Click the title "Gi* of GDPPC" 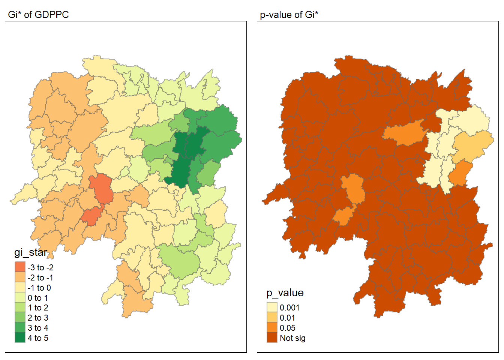coord(38,15)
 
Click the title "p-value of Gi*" coord(289,15)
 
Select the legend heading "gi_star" coord(31,252)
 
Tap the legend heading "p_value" coord(285,293)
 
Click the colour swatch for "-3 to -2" coord(20,267)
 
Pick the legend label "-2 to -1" coord(40,277)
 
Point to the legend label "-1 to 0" coord(39,288)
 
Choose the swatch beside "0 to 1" coord(20,298)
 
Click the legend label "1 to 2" coord(38,308)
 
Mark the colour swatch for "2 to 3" coord(20,318)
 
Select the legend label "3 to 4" coord(38,328)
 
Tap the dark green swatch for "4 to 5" coord(20,338)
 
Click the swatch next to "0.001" coord(272,307)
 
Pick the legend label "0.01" coord(287,318)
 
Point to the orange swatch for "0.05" coord(272,328)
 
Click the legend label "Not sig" coord(292,338)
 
